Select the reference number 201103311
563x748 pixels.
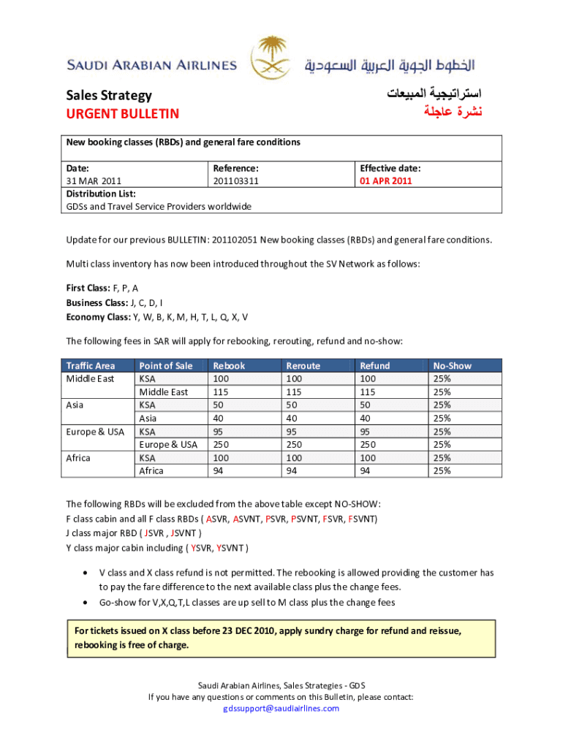235,180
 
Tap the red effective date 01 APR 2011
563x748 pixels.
385,180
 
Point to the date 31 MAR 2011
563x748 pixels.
94,180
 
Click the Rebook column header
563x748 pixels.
229,365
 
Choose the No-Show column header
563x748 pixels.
452,365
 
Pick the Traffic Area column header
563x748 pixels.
91,365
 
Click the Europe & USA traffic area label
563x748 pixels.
95,432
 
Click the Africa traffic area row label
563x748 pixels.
78,458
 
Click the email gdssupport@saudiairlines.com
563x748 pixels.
281,709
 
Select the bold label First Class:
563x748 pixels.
88,289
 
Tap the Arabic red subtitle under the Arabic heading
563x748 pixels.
449,112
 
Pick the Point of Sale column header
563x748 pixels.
166,365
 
